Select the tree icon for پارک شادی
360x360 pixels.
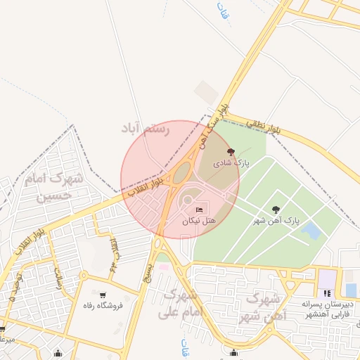pyautogui.click(x=230, y=152)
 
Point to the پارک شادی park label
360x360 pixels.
pyautogui.click(x=233, y=162)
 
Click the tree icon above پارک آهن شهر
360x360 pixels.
pyautogui.click(x=276, y=210)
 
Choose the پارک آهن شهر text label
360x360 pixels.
pyautogui.click(x=276, y=221)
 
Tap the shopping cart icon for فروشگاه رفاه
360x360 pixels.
pyautogui.click(x=104, y=295)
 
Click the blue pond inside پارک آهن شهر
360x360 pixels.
pyautogui.click(x=310, y=230)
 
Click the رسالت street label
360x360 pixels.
pyautogui.click(x=59, y=282)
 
